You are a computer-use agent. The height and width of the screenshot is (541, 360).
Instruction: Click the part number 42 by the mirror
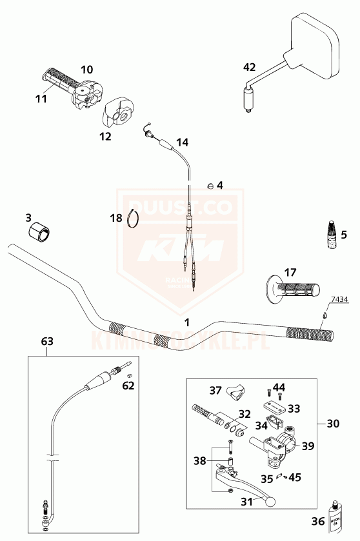pos(250,66)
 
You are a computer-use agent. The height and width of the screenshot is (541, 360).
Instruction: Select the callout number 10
pos(87,69)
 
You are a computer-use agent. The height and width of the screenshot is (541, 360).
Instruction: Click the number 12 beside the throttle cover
pos(105,136)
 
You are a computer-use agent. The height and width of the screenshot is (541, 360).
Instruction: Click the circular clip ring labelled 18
pos(134,219)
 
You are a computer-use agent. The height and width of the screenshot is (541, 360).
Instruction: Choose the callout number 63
pos(47,341)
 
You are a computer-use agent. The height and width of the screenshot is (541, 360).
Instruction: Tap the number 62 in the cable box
pos(128,387)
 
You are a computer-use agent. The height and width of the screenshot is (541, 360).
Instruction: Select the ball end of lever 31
pos(270,501)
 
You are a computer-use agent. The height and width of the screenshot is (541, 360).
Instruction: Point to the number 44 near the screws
pos(279,387)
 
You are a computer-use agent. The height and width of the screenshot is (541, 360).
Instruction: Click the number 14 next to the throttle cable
pos(182,141)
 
